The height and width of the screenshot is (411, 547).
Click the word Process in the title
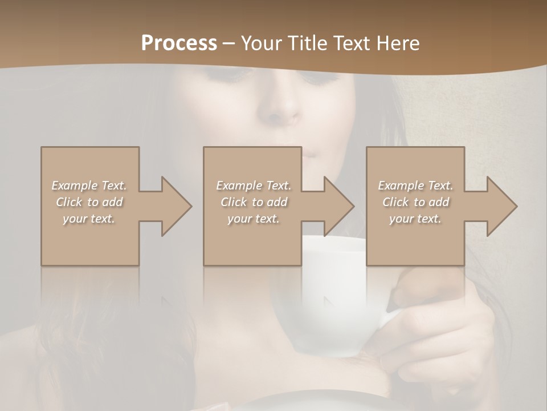pyautogui.click(x=179, y=43)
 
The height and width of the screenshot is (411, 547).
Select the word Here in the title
pyautogui.click(x=399, y=43)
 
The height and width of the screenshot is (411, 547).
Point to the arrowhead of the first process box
pyautogui.click(x=176, y=207)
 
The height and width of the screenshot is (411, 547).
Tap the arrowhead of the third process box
pyautogui.click(x=502, y=207)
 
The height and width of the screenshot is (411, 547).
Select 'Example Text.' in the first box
pyautogui.click(x=89, y=186)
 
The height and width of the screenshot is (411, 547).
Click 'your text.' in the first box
pyautogui.click(x=89, y=219)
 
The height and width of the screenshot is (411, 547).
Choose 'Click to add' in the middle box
pyautogui.click(x=254, y=202)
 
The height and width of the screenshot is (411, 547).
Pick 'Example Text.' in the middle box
pyautogui.click(x=254, y=186)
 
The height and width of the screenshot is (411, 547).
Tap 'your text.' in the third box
pyautogui.click(x=415, y=219)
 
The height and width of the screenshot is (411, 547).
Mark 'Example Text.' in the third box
pyautogui.click(x=415, y=186)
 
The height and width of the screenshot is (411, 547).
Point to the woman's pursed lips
pyautogui.click(x=312, y=152)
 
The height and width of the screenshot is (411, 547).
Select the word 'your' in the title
pyautogui.click(x=260, y=43)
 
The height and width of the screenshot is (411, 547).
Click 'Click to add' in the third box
pyautogui.click(x=415, y=202)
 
